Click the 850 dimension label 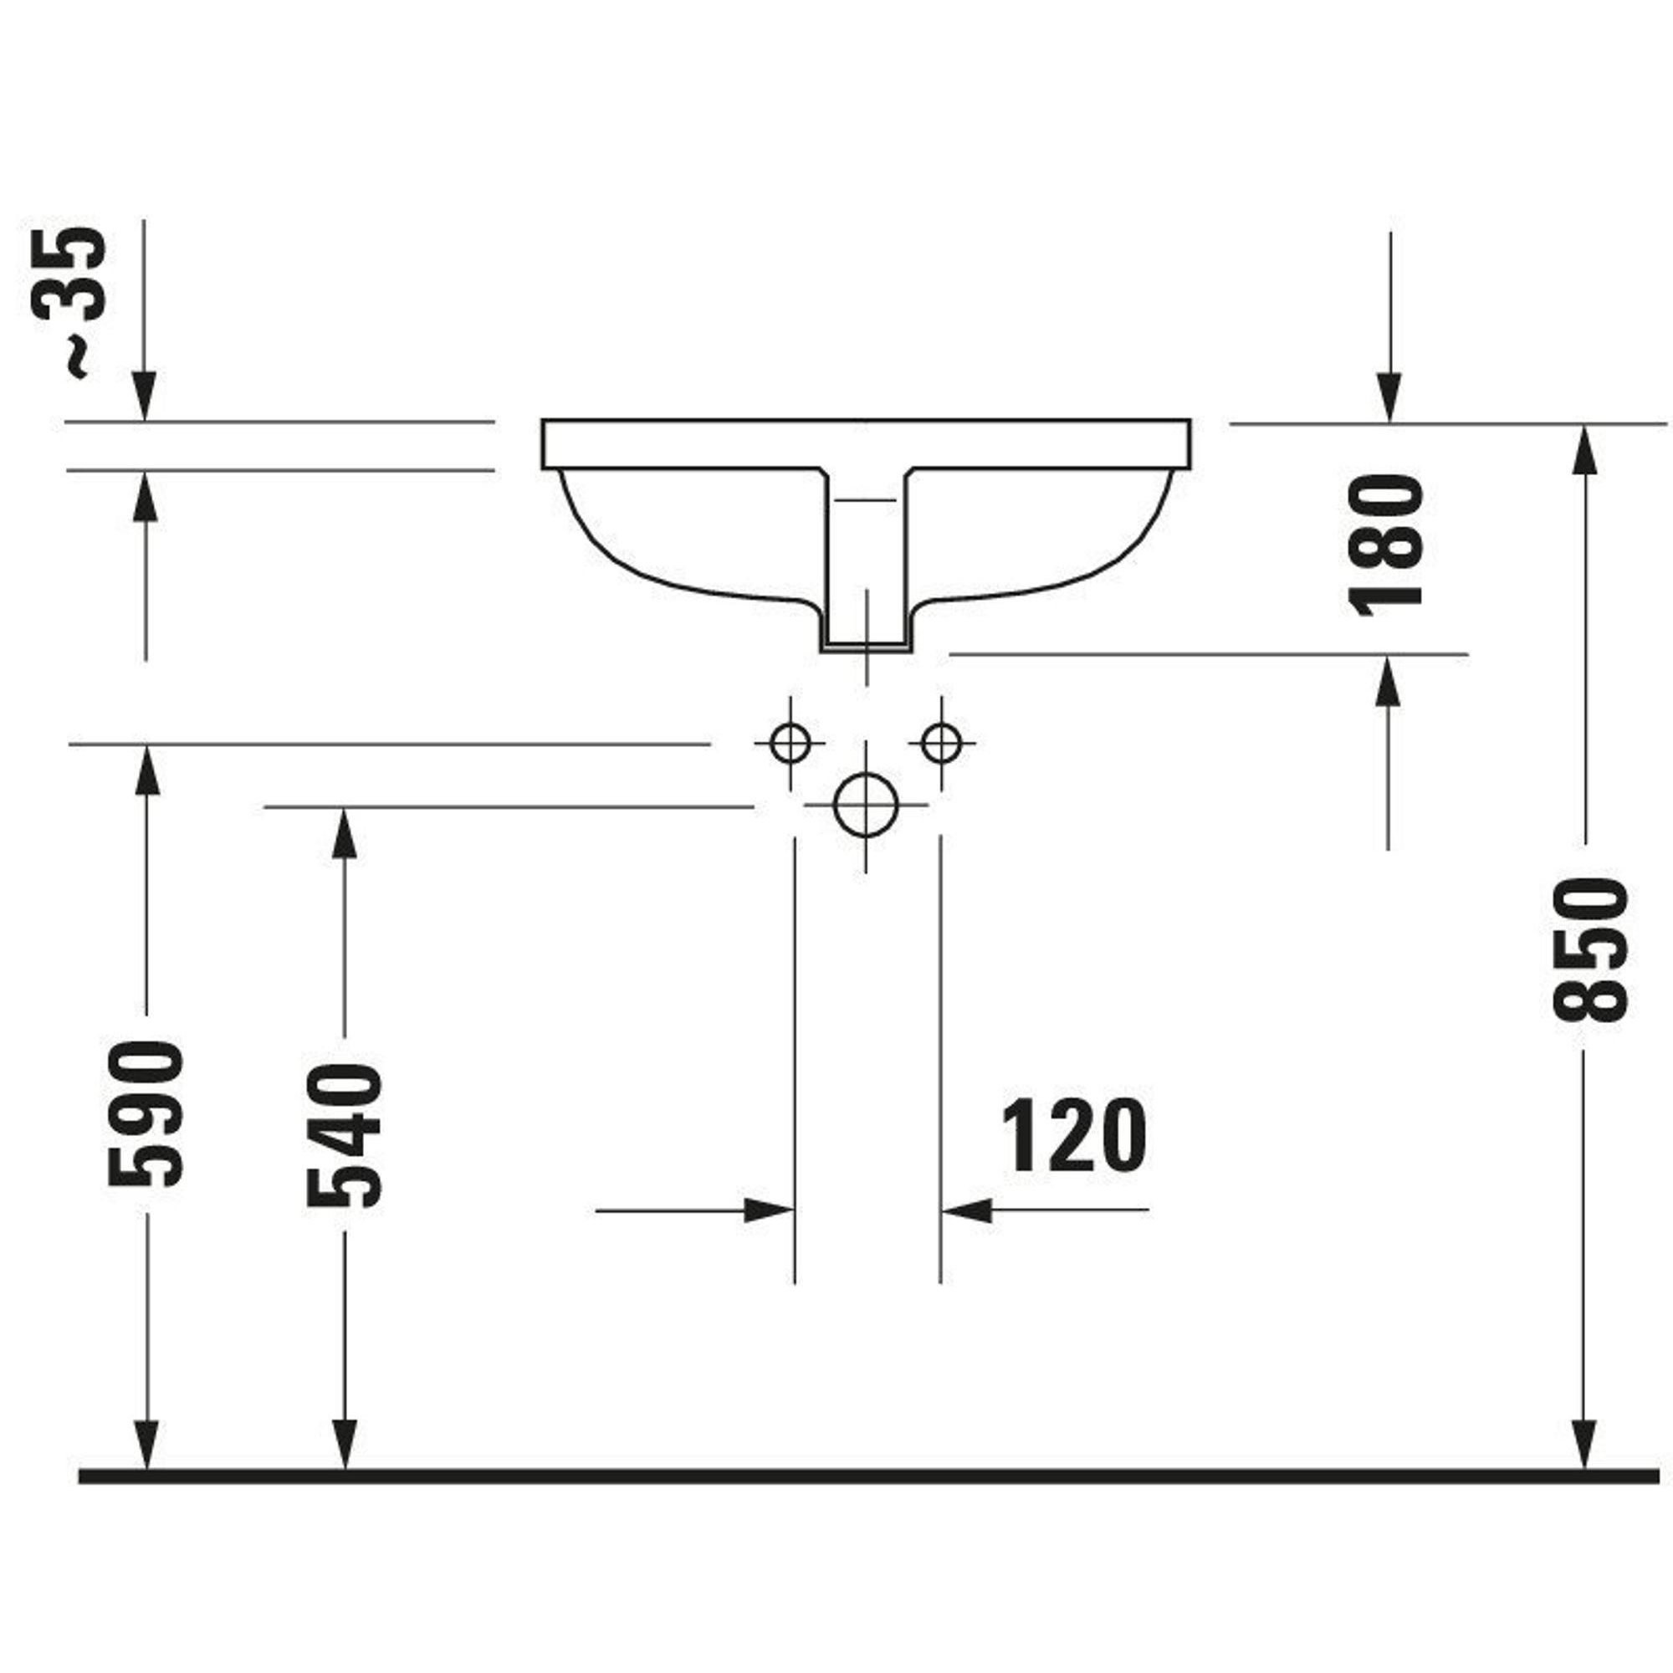click(x=1589, y=949)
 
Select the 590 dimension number click(x=146, y=1113)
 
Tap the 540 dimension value click(x=345, y=1134)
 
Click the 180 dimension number click(x=1387, y=544)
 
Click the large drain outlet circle click(x=865, y=805)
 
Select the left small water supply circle click(x=790, y=743)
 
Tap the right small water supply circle click(x=941, y=743)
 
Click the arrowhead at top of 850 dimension click(x=1584, y=448)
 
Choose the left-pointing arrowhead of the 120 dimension click(x=965, y=1210)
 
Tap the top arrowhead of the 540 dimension click(x=345, y=832)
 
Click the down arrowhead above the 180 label click(x=1389, y=398)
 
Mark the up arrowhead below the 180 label click(x=1388, y=680)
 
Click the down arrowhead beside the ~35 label click(x=146, y=397)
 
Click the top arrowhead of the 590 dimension click(x=146, y=769)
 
